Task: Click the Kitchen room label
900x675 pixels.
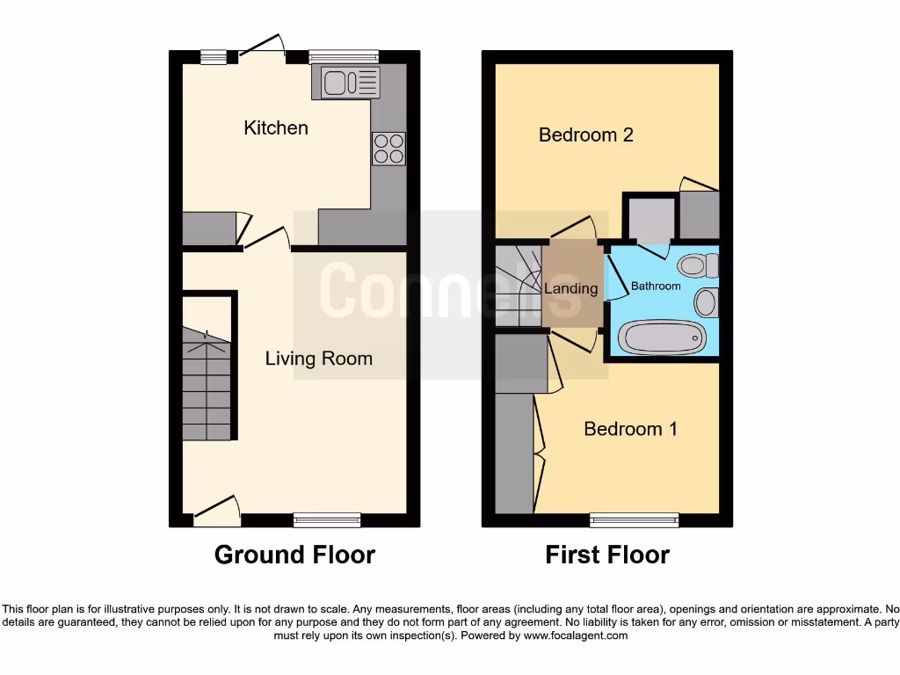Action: [x=276, y=128]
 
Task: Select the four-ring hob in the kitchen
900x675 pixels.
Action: [x=388, y=148]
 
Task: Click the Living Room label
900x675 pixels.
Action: [x=319, y=359]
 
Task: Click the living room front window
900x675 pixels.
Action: [x=327, y=520]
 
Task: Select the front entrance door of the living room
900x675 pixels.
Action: [x=216, y=512]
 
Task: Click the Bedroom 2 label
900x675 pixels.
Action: [x=585, y=135]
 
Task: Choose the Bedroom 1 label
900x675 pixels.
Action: [x=630, y=429]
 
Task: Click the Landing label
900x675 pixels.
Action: [x=570, y=288]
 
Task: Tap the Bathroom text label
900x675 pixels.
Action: [x=656, y=287]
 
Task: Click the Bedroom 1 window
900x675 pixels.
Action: [x=634, y=520]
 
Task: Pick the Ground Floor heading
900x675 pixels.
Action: [x=294, y=555]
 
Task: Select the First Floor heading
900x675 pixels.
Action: [x=607, y=555]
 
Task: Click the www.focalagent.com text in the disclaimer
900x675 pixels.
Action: [x=577, y=635]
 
